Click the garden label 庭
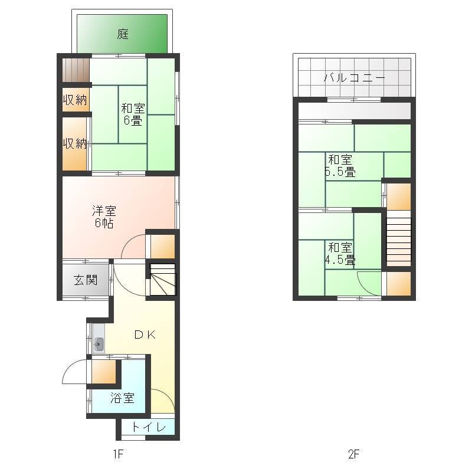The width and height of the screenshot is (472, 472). (x=123, y=34)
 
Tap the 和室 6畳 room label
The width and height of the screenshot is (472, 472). (x=133, y=114)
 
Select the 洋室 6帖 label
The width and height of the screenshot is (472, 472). (x=104, y=217)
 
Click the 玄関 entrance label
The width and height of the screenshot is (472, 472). (x=86, y=280)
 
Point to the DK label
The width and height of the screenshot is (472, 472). (x=145, y=335)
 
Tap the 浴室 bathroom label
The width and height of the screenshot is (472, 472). (x=122, y=398)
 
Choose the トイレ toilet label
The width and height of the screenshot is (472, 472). (x=149, y=427)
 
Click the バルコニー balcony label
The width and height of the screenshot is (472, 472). (x=355, y=78)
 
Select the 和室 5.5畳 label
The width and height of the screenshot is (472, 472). (x=340, y=166)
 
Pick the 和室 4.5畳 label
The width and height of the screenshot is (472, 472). (x=340, y=254)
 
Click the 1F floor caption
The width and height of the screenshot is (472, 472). (x=119, y=454)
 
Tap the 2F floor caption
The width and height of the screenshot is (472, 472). (x=353, y=454)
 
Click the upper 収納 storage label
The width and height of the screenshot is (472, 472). (x=76, y=100)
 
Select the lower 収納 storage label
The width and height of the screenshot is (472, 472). (x=76, y=143)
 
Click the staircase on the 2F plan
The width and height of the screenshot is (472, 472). (x=399, y=238)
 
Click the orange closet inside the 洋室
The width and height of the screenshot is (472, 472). (x=163, y=247)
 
